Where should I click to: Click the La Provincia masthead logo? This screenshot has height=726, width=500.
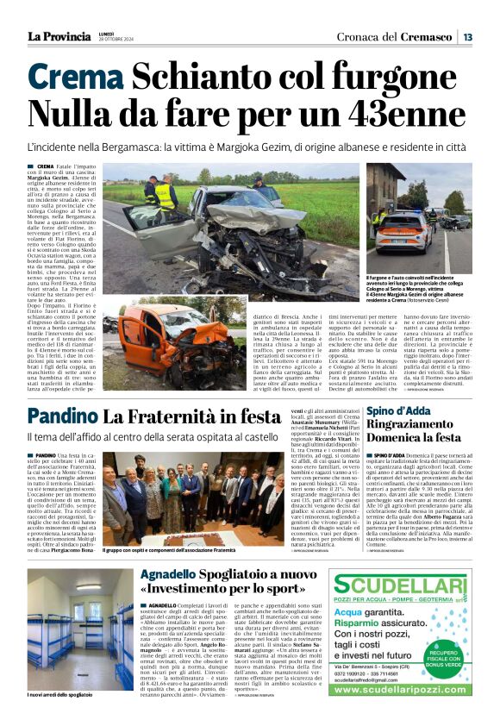coord(59,36)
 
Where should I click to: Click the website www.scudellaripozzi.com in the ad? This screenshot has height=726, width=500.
coord(403,713)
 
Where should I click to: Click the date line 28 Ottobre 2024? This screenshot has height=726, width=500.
coord(117,40)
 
